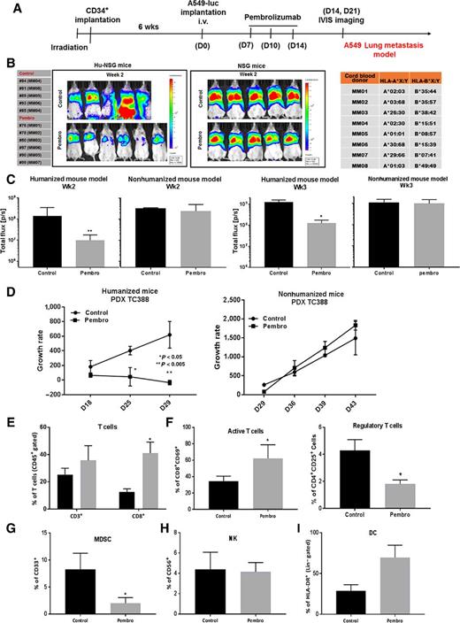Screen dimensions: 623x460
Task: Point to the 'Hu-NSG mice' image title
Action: (115, 65)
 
